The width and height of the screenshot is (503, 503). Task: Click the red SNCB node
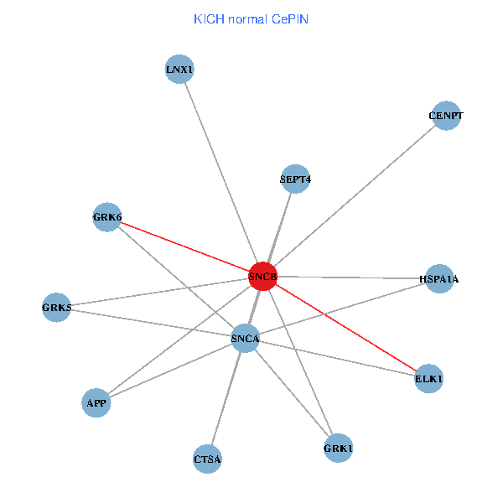click(x=262, y=277)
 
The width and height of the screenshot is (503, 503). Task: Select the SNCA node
click(x=245, y=339)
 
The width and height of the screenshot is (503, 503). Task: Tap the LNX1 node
click(x=180, y=70)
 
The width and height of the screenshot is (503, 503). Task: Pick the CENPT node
click(x=446, y=116)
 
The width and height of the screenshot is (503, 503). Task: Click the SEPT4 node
click(x=295, y=179)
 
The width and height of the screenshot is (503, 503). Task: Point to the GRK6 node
click(x=107, y=218)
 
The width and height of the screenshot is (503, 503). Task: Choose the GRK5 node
click(x=57, y=308)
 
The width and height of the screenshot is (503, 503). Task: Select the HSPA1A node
click(x=439, y=278)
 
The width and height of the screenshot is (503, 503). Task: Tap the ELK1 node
click(x=428, y=379)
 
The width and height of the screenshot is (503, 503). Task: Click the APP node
click(x=96, y=403)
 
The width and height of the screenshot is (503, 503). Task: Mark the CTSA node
click(x=207, y=459)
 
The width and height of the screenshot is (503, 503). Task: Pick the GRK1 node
click(x=338, y=449)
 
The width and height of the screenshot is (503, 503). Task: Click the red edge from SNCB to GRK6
click(x=184, y=247)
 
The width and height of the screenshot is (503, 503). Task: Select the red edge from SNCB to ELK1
click(x=345, y=328)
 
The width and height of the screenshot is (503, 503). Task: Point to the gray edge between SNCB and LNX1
click(x=221, y=173)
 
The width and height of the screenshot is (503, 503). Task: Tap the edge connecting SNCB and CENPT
click(x=354, y=196)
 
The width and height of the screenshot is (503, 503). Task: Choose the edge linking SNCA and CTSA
click(x=226, y=398)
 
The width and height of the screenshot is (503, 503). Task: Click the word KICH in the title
click(x=207, y=18)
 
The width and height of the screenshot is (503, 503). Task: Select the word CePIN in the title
click(x=291, y=18)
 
